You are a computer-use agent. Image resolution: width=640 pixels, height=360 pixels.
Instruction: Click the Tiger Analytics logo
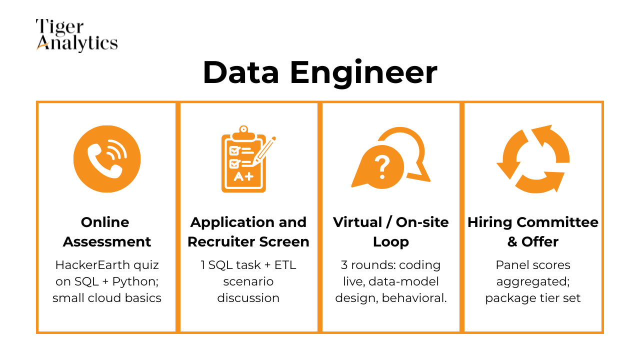76,35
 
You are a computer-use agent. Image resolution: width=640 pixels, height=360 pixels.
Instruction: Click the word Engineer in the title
363,72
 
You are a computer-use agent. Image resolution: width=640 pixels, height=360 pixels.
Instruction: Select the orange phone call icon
107,158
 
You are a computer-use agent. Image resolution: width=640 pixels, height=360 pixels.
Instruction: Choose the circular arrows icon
532,158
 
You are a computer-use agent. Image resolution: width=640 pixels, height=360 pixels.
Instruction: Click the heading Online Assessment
107,232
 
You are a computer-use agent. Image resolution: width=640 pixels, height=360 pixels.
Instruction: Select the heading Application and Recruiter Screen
248,232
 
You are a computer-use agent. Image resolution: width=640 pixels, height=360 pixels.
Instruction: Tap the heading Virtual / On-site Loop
391,232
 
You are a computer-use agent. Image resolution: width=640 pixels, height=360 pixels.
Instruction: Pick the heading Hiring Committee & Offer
533,232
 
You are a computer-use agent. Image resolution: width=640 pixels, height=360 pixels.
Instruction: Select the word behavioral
420,298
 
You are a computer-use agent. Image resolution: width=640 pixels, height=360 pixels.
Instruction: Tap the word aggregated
533,281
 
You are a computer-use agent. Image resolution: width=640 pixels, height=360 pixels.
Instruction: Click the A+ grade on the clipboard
243,176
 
